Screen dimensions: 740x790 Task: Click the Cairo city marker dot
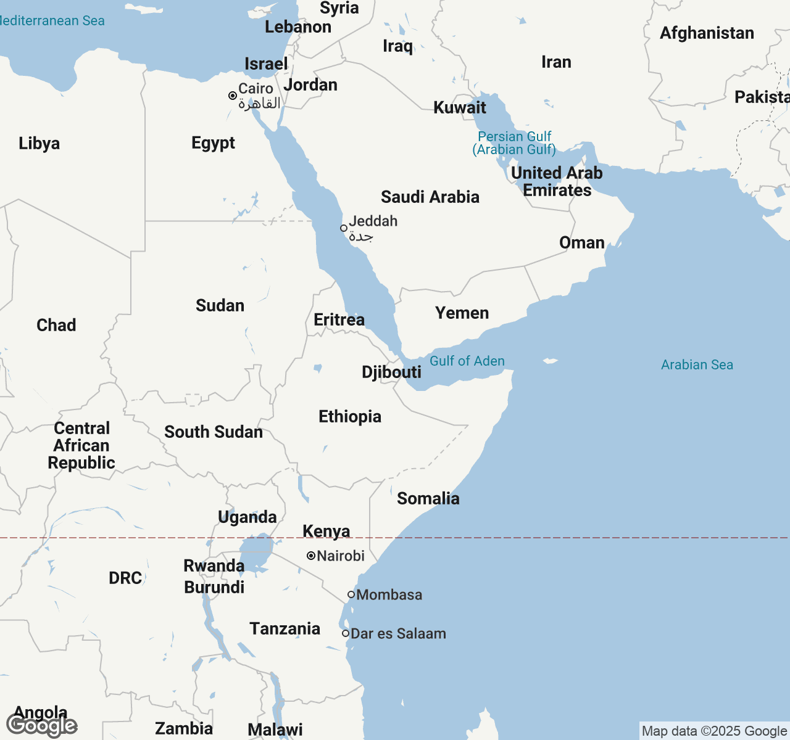pyautogui.click(x=233, y=96)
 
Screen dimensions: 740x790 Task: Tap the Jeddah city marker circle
pyautogui.click(x=344, y=228)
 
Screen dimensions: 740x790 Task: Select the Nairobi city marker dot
pyautogui.click(x=311, y=556)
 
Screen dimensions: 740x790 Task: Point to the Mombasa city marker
pyautogui.click(x=351, y=594)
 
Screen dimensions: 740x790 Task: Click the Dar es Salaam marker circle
pyautogui.click(x=346, y=633)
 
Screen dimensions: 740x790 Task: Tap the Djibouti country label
pyautogui.click(x=391, y=372)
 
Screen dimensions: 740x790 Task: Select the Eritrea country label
pyautogui.click(x=339, y=319)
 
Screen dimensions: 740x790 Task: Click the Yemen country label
pyautogui.click(x=462, y=313)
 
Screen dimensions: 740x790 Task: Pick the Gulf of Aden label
pyautogui.click(x=467, y=361)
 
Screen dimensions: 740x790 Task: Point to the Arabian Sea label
pyautogui.click(x=697, y=364)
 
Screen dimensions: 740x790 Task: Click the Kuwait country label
pyautogui.click(x=460, y=107)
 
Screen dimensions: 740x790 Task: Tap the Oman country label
pyautogui.click(x=581, y=242)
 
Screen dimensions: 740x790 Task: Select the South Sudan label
pyautogui.click(x=214, y=432)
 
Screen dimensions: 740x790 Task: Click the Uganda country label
pyautogui.click(x=247, y=517)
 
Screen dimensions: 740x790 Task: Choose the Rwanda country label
pyautogui.click(x=214, y=565)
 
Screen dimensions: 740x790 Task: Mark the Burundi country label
pyautogui.click(x=214, y=587)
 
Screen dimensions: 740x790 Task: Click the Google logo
pyautogui.click(x=42, y=726)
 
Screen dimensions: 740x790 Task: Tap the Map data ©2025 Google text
pyautogui.click(x=714, y=731)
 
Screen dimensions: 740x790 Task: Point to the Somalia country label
pyautogui.click(x=428, y=498)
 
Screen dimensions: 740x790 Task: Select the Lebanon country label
pyautogui.click(x=298, y=27)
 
